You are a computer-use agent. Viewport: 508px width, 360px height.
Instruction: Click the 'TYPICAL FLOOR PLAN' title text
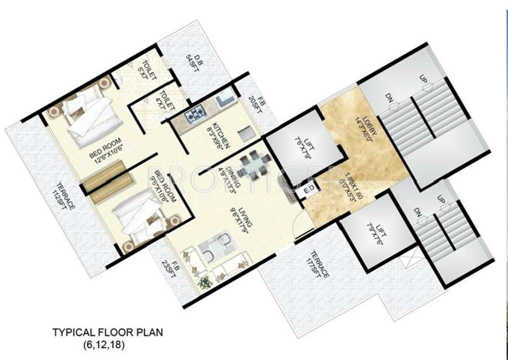pyautogui.click(x=108, y=332)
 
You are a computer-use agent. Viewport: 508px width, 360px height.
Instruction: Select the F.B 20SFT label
pyautogui.click(x=258, y=104)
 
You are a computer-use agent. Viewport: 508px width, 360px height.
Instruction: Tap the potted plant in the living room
pyautogui.click(x=204, y=283)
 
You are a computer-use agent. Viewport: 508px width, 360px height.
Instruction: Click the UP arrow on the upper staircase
pyautogui.click(x=426, y=84)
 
